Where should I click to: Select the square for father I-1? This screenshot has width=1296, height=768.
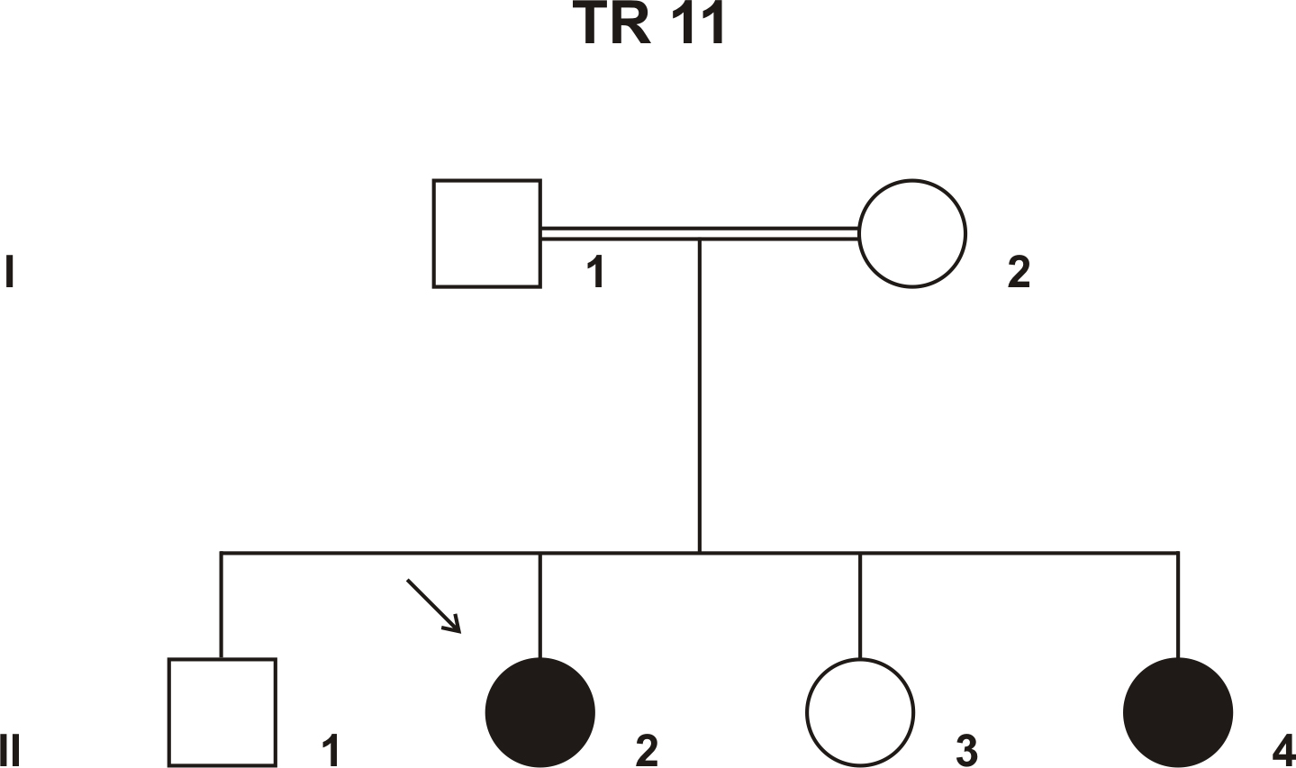click(x=487, y=234)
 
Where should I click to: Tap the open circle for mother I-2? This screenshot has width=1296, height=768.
click(x=911, y=234)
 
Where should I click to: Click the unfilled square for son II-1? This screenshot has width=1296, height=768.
click(x=222, y=712)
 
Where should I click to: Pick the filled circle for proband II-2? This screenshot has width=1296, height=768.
click(x=539, y=712)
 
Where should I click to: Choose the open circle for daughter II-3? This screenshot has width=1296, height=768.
click(x=859, y=712)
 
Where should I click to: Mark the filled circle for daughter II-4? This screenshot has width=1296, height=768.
click(x=1177, y=712)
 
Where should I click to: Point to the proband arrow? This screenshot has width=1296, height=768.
click(x=434, y=606)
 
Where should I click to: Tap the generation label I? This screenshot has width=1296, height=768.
click(x=10, y=272)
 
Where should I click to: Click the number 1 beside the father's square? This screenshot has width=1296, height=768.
click(x=594, y=272)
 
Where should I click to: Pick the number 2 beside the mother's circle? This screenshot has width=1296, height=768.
click(x=1018, y=272)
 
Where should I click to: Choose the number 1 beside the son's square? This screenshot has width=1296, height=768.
click(x=331, y=751)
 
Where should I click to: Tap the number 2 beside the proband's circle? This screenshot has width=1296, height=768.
click(x=647, y=751)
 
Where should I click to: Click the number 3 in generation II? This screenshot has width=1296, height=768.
click(x=966, y=751)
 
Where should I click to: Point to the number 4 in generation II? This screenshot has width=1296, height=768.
click(x=1283, y=751)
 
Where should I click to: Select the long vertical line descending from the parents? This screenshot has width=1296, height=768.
click(x=700, y=396)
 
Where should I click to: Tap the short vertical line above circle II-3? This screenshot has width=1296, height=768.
click(x=859, y=605)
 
